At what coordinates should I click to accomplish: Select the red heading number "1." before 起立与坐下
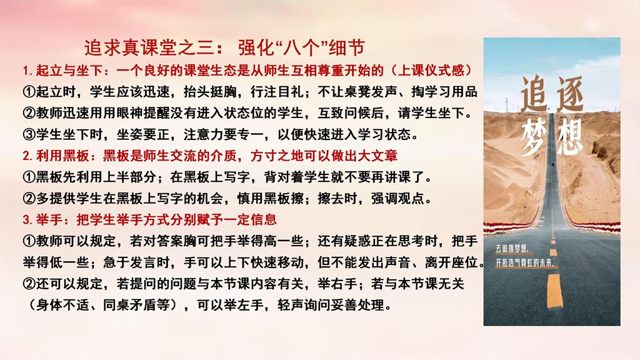click(27, 71)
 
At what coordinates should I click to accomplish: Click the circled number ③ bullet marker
click(29, 134)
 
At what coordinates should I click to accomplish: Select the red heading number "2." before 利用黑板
click(27, 156)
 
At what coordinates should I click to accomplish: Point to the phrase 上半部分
click(130, 177)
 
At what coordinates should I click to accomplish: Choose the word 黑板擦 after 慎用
click(284, 198)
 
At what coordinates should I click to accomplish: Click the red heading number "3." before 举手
click(27, 220)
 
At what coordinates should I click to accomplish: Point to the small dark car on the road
click(552, 164)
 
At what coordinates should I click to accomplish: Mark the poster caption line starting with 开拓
click(525, 263)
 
